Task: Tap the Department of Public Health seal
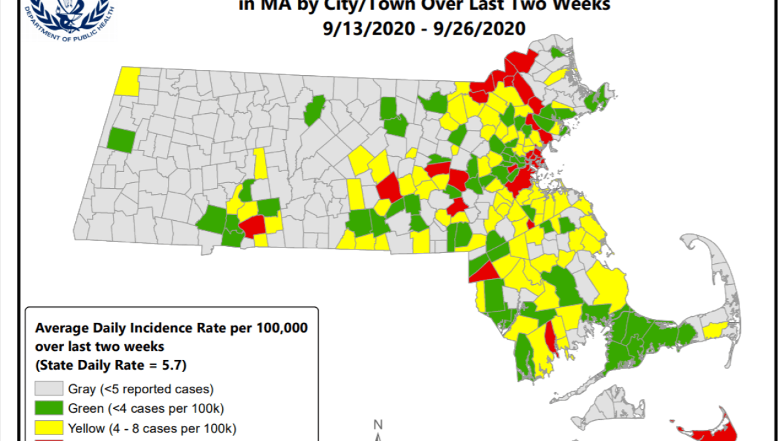(x=68, y=14)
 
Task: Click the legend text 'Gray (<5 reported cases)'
(x=140, y=389)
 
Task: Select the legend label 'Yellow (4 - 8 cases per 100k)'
(x=152, y=429)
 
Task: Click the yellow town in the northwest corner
(x=127, y=80)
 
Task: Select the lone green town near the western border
(x=121, y=140)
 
